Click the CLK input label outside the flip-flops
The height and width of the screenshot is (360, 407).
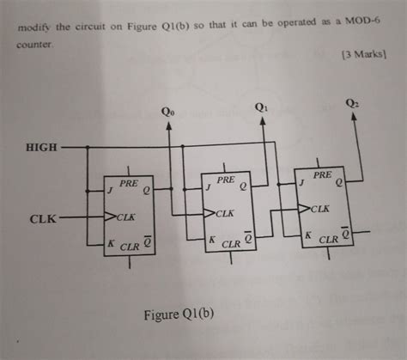tap(43, 219)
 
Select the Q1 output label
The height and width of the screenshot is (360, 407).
tap(262, 107)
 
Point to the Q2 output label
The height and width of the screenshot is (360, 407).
tap(354, 102)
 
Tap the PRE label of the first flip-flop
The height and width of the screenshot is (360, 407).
tap(129, 184)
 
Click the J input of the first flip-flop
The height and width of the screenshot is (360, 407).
tap(109, 190)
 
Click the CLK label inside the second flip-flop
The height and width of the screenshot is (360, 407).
tap(226, 212)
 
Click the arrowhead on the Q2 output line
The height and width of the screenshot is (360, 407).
tap(355, 118)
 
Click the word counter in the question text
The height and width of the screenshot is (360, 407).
tap(35, 40)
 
